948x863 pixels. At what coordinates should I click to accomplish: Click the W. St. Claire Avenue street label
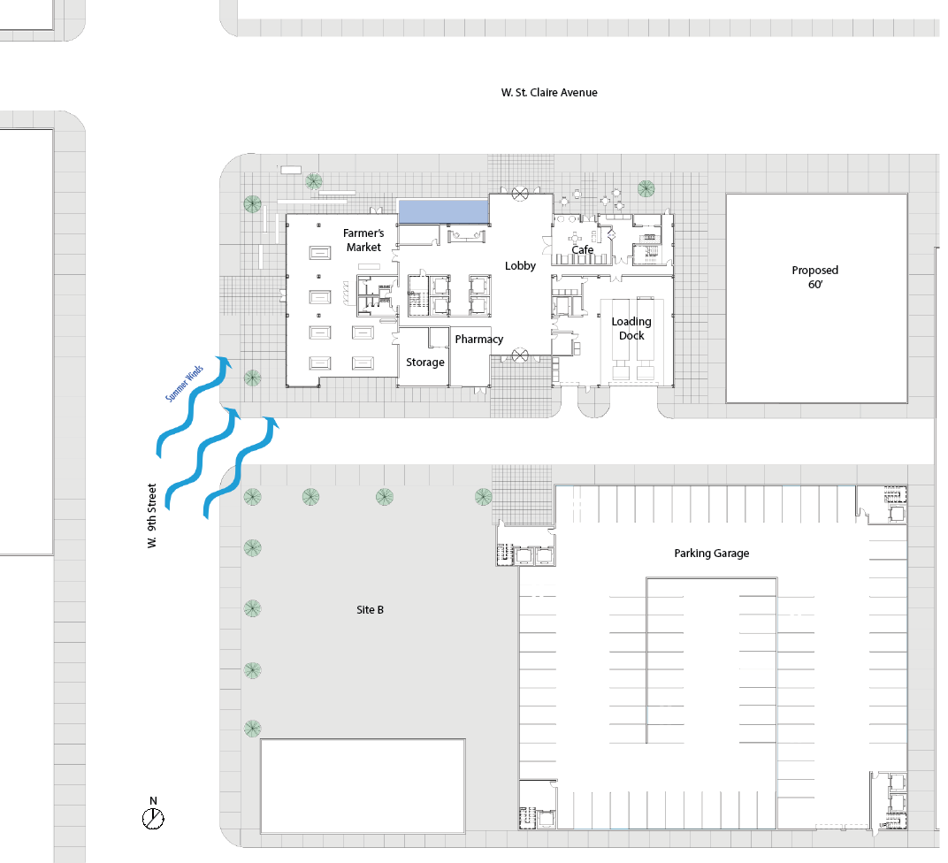[x=548, y=92]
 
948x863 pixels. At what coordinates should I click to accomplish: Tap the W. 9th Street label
[x=152, y=516]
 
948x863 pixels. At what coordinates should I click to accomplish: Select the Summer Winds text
[x=185, y=383]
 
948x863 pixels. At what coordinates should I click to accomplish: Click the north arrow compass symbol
[x=153, y=818]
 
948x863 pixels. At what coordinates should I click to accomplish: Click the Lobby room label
[x=520, y=265]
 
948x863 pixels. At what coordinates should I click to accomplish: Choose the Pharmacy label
[x=478, y=339]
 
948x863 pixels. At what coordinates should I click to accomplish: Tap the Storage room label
[x=424, y=363]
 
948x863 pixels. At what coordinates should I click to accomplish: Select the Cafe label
[x=582, y=250]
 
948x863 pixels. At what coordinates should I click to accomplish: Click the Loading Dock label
[x=631, y=328]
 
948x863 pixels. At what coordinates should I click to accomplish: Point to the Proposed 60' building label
[x=814, y=277]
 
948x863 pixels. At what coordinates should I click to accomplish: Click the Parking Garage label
[x=711, y=554]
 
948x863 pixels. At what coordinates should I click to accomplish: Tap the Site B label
[x=370, y=610]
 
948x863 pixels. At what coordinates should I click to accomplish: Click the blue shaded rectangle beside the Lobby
[x=443, y=211]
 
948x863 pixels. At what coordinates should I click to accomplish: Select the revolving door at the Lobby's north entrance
[x=520, y=192]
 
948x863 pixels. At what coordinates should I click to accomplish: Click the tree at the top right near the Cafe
[x=646, y=187]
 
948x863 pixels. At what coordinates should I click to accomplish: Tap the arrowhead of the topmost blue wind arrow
[x=226, y=363]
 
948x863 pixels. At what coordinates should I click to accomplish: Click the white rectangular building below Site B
[x=363, y=785]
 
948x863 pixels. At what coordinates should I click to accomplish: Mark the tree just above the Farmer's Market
[x=313, y=182]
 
